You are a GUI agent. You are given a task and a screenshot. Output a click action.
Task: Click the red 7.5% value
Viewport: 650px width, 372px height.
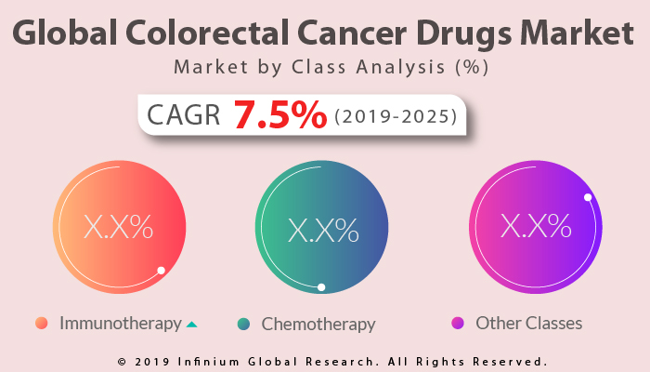tap(279, 115)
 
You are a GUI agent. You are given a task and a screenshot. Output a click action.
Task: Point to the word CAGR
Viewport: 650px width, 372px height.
tap(184, 115)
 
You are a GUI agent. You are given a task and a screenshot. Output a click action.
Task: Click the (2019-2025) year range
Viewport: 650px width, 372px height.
tap(395, 116)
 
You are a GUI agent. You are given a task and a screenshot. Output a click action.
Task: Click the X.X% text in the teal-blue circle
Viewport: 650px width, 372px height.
tap(323, 229)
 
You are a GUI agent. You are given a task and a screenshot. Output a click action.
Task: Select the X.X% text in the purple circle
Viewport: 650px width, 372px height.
tap(536, 225)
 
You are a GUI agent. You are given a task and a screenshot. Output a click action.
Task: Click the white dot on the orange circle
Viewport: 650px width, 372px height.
tap(161, 271)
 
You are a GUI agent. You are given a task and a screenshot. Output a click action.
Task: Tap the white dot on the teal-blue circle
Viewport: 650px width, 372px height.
tap(321, 287)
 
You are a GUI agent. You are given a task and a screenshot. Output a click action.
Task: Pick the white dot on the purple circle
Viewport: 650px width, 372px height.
tap(588, 197)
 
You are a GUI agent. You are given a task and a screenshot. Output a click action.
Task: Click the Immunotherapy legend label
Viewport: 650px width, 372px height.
tap(121, 324)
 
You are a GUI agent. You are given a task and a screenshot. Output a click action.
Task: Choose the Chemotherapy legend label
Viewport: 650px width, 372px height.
tap(318, 325)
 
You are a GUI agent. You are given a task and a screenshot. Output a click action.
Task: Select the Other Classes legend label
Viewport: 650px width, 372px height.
tap(529, 324)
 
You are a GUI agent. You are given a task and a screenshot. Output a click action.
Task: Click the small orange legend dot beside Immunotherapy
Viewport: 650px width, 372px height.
tap(41, 324)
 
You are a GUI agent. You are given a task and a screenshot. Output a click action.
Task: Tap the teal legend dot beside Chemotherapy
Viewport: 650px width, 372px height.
tap(243, 324)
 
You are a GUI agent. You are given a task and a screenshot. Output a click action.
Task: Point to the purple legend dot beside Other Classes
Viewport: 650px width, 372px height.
tap(457, 324)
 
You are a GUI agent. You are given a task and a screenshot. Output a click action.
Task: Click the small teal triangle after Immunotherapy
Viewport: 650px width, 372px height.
tap(191, 325)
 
